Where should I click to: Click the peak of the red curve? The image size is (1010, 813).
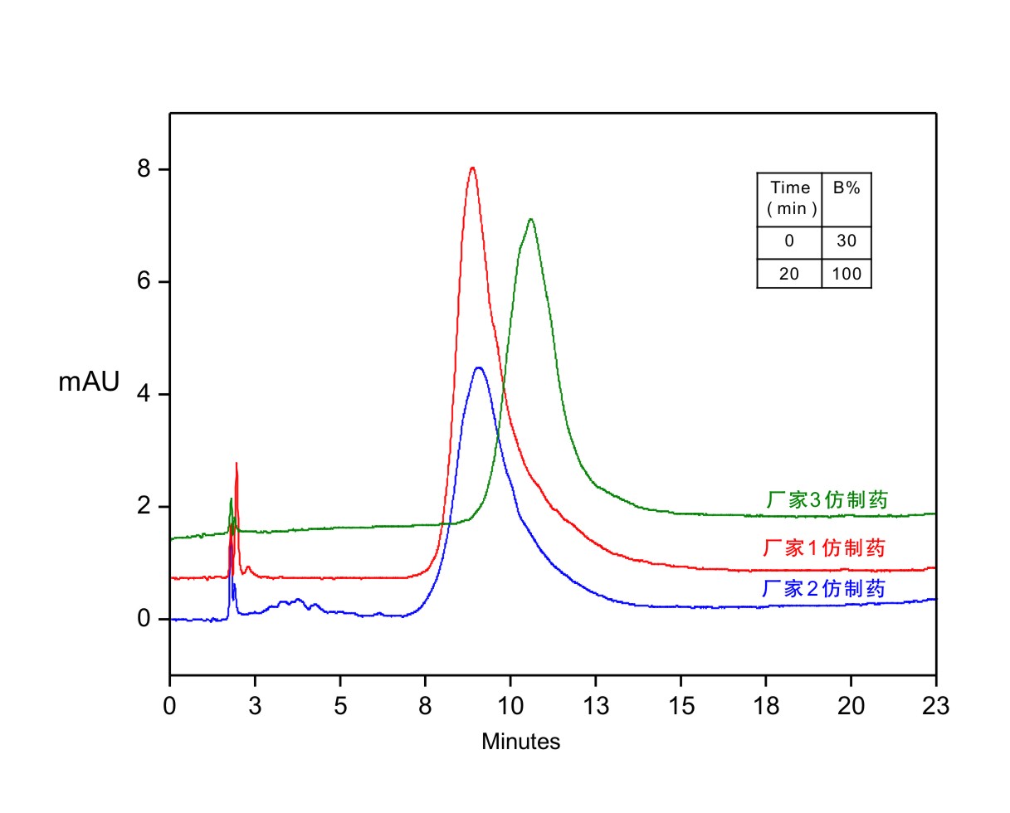coord(472,168)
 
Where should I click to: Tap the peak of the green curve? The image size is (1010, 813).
coord(530,220)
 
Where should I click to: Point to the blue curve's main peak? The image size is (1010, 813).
coord(479,368)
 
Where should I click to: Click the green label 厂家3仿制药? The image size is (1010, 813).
coord(827,499)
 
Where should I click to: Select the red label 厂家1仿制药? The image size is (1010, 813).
coord(824,548)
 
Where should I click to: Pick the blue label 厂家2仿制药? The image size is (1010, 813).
coord(824,589)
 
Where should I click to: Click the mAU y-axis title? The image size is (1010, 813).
coord(89,382)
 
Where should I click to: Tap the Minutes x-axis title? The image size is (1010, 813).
coord(520,742)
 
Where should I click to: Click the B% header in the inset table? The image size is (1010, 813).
coord(847,188)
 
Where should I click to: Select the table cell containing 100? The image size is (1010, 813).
coord(847,274)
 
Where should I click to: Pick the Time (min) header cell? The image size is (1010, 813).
coord(789,198)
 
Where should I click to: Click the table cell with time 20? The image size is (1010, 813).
coord(789,274)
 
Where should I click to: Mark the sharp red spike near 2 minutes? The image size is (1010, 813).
coord(237,465)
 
